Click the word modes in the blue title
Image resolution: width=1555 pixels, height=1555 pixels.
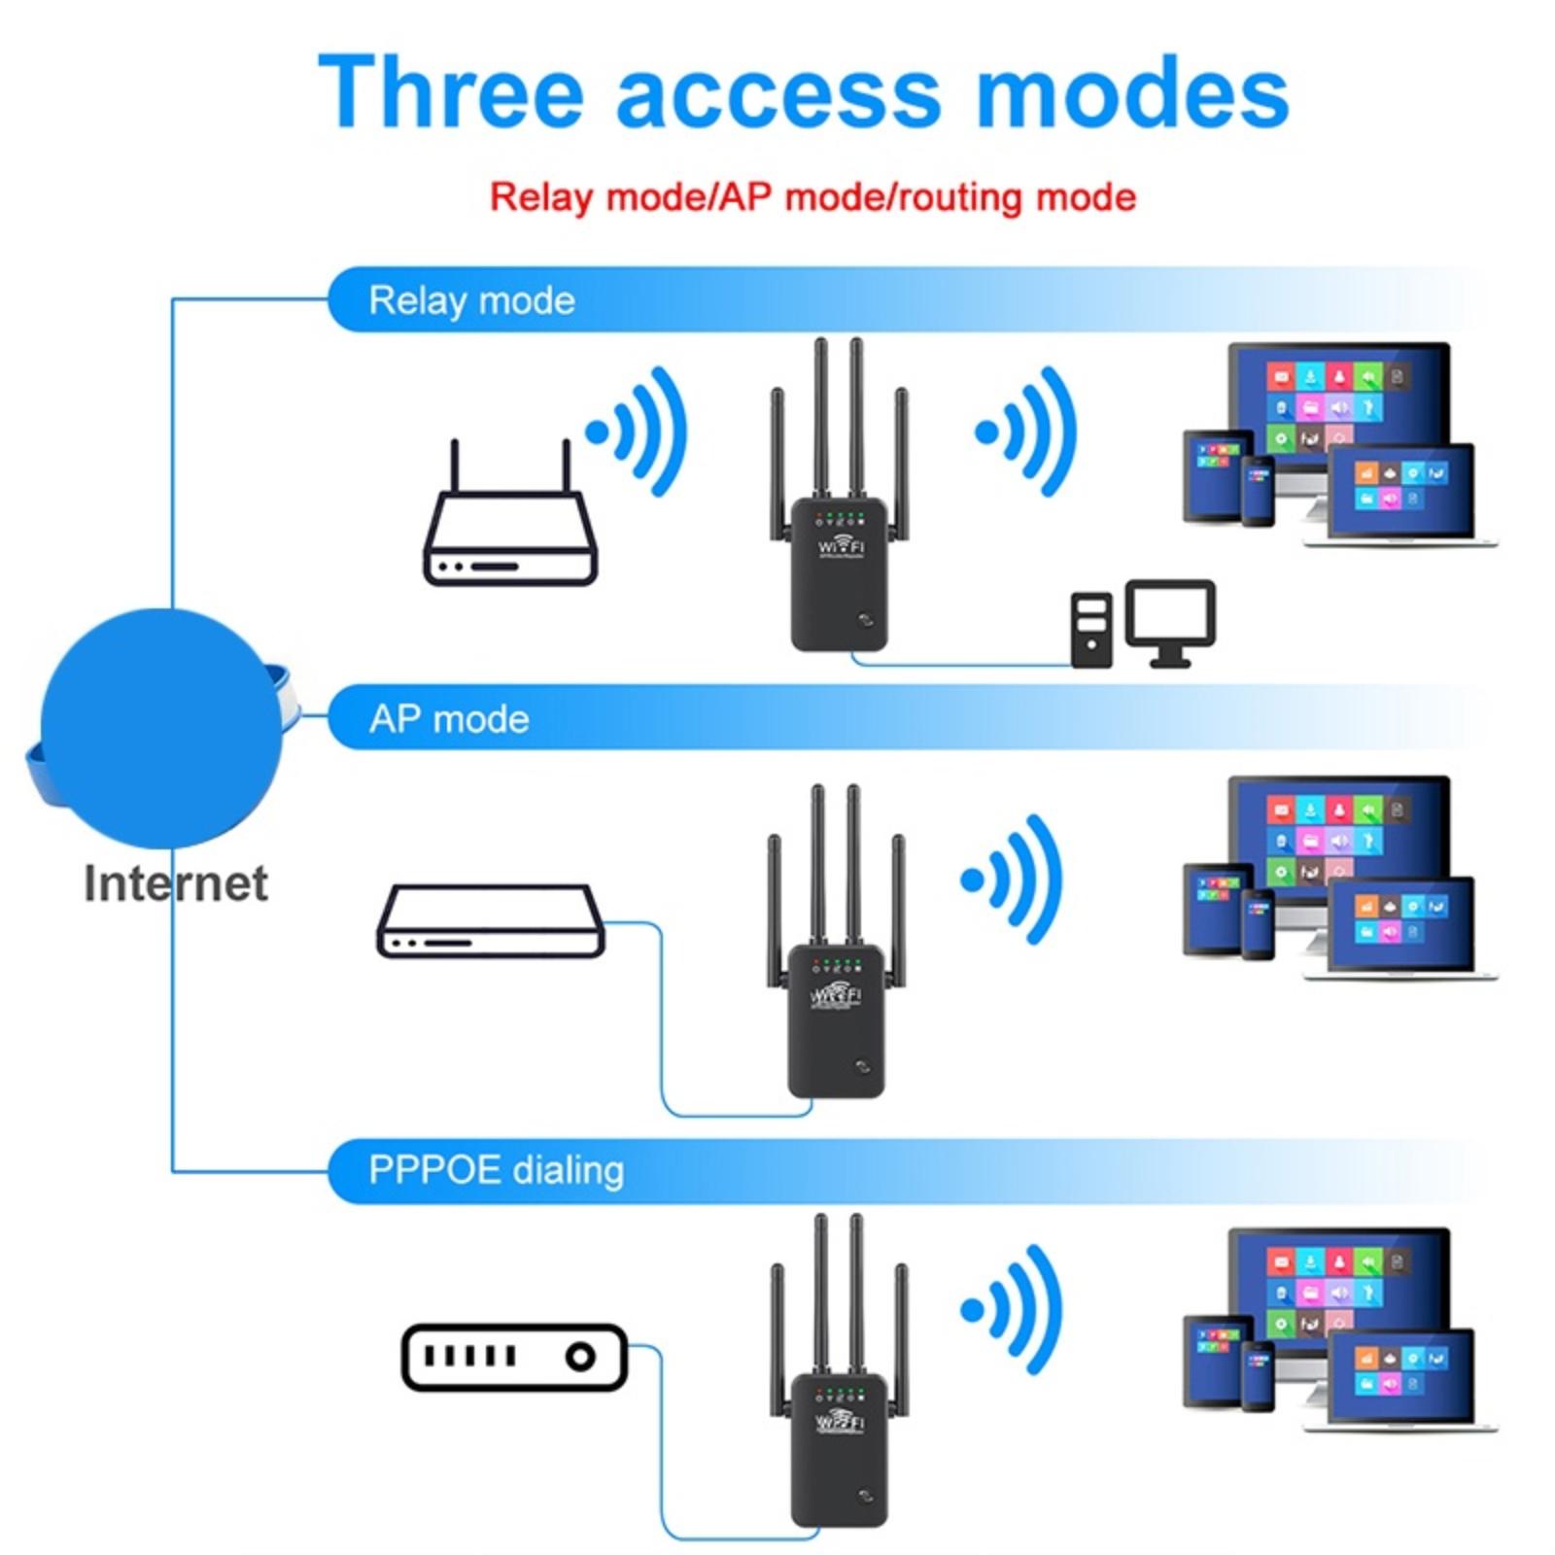(x=1131, y=93)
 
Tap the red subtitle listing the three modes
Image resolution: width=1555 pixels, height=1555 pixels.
(x=812, y=197)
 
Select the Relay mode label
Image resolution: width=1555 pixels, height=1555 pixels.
(x=471, y=300)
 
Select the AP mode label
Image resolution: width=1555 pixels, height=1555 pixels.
(x=449, y=719)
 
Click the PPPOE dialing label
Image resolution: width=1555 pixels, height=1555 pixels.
(x=496, y=1169)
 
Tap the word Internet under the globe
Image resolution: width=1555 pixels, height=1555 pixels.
(x=176, y=883)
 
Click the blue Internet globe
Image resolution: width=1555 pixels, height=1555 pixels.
(x=161, y=729)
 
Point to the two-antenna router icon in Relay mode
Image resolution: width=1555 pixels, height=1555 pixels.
(x=510, y=525)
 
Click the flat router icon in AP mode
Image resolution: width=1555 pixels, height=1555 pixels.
(x=491, y=921)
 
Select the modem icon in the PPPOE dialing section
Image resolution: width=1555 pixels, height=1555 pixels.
(x=514, y=1357)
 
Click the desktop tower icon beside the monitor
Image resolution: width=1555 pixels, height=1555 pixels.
(x=1091, y=630)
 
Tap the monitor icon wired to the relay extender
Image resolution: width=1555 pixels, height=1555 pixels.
(x=1170, y=620)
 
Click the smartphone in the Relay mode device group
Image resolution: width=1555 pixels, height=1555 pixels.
(x=1258, y=491)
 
